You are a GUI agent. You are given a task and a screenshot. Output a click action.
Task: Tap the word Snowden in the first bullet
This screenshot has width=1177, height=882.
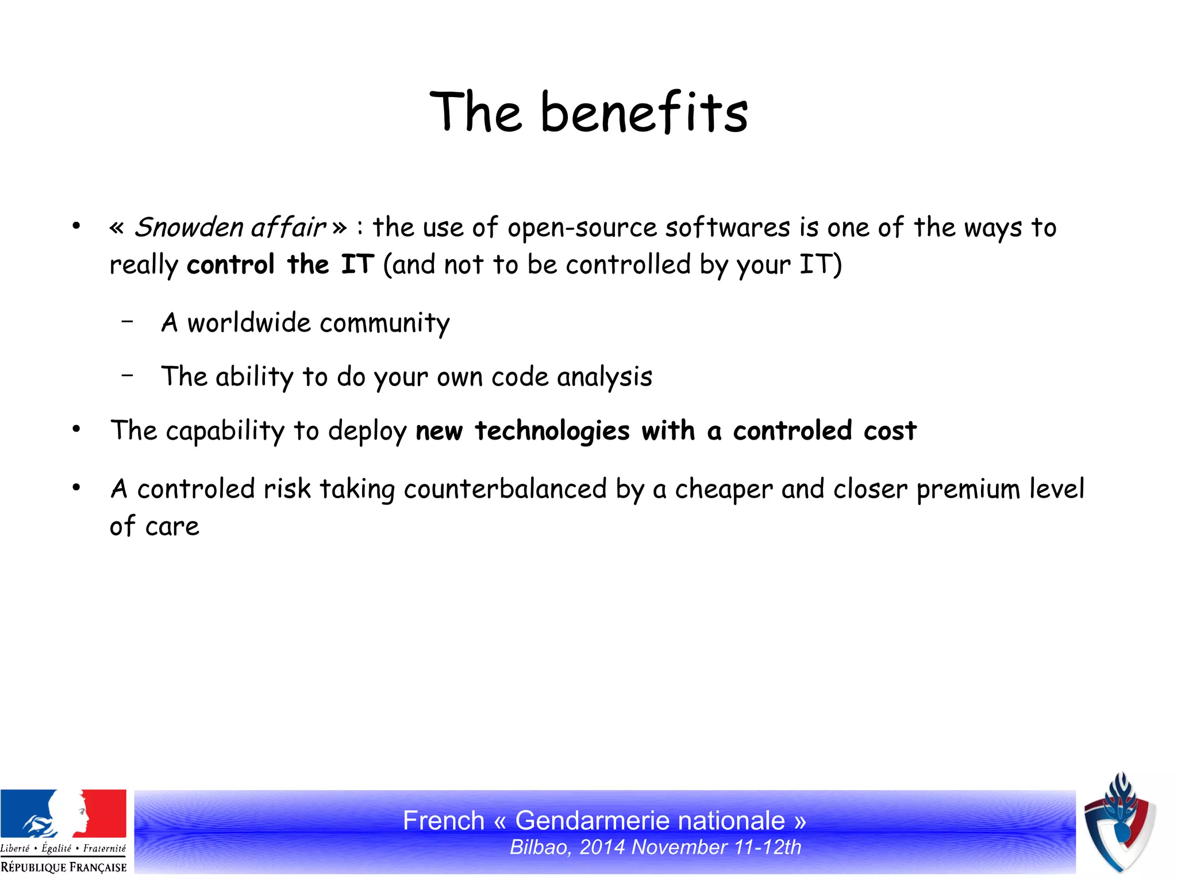[188, 228]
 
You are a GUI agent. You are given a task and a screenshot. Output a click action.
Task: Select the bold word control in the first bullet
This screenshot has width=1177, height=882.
[230, 265]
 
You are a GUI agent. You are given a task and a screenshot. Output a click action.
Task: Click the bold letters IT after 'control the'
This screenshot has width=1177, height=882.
[357, 265]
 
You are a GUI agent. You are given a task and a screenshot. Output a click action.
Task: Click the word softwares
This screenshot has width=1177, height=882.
[728, 228]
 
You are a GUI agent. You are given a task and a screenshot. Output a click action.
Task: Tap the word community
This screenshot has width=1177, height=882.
[384, 323]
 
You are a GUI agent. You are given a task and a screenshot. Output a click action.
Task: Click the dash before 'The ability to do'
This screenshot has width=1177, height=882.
[128, 375]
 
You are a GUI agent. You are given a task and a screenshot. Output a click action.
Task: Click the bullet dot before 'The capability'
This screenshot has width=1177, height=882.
[76, 429]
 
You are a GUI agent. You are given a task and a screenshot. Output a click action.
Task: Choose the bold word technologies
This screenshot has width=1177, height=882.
[552, 431]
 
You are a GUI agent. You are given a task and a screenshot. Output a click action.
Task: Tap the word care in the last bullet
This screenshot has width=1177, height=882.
[172, 526]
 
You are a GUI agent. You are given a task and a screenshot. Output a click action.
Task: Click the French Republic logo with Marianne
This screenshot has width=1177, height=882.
[63, 830]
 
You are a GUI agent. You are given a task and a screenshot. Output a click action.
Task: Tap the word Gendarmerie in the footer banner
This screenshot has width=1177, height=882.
[649, 821]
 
